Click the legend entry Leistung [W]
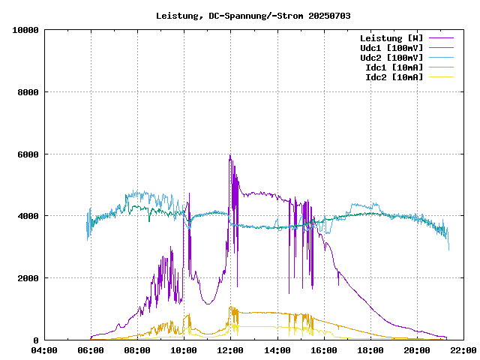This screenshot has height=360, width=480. point(391,38)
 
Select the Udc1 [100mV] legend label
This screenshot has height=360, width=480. point(391,48)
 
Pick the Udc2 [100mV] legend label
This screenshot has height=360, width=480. point(391,58)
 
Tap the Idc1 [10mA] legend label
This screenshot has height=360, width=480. point(394,67)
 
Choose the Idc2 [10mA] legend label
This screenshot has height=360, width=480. point(394,77)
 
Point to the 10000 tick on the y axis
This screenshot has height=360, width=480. point(25,30)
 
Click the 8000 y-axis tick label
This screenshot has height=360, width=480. point(28,92)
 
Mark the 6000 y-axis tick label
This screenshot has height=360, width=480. point(28,154)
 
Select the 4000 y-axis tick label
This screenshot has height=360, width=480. point(28,216)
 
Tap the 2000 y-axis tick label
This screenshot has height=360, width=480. point(28,278)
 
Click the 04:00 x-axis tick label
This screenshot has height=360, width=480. point(44,350)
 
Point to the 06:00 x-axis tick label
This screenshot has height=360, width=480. point(91,350)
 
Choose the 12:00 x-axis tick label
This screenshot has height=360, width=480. point(230,350)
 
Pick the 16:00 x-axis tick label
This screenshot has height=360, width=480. point(323,350)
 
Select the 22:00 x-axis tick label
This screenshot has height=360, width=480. point(463,350)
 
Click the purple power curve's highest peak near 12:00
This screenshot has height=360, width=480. point(229,155)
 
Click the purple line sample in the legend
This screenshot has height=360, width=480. point(441,38)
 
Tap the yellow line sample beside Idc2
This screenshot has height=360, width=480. point(441,77)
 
